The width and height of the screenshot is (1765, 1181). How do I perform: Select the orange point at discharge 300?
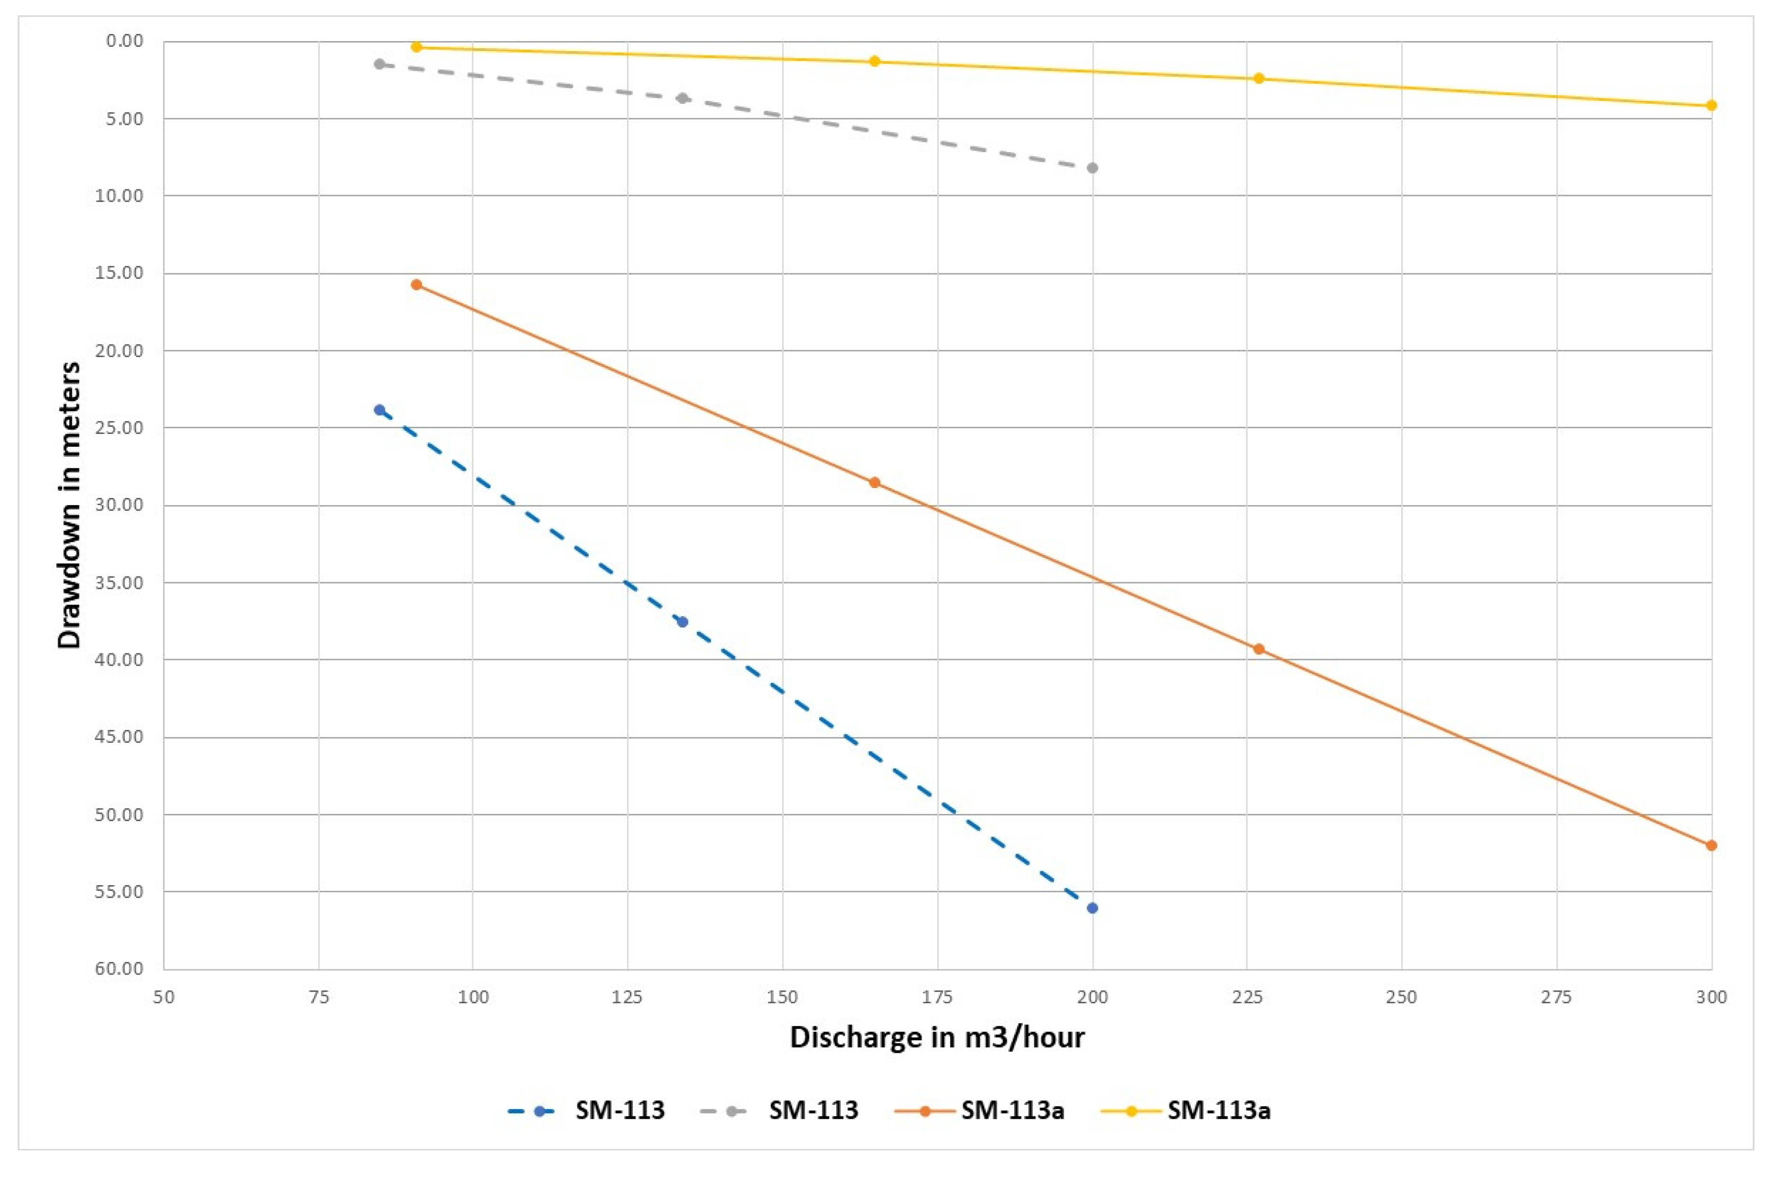(1711, 845)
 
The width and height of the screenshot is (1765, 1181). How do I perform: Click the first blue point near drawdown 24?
(379, 410)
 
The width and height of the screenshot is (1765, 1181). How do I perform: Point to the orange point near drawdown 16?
(416, 285)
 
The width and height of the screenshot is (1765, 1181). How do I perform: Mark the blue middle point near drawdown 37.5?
(682, 621)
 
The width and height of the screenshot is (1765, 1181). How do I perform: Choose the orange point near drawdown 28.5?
(874, 483)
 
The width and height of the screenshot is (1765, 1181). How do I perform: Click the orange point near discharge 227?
(1258, 649)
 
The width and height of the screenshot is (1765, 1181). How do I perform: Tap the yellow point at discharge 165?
(874, 61)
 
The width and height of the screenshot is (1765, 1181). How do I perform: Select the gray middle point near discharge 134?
(682, 98)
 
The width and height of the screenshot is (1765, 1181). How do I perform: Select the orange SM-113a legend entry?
(979, 1110)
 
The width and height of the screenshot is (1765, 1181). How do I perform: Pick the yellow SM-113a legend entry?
(1185, 1110)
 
